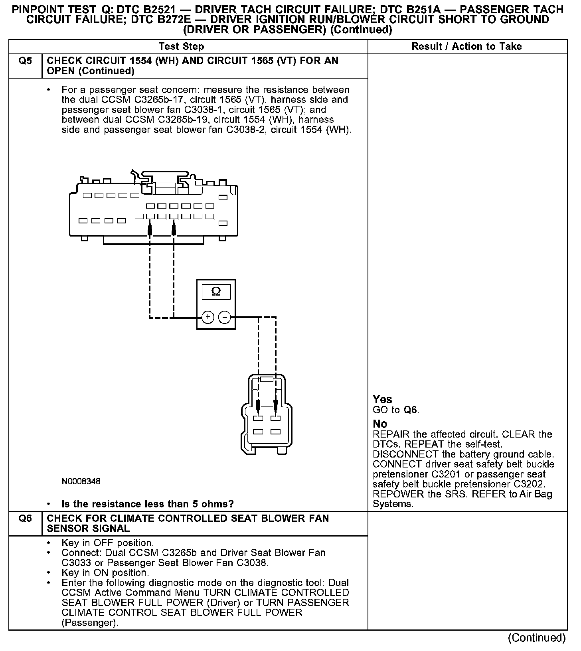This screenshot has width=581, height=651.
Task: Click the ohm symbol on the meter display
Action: click(x=216, y=292)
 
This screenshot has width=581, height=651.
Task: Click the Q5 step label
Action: click(x=25, y=61)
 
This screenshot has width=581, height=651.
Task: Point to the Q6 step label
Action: click(x=25, y=519)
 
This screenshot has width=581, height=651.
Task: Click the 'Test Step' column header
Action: click(x=181, y=47)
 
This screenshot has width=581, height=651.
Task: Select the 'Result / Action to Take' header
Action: click(x=466, y=47)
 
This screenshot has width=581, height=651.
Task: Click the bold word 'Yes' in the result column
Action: click(x=382, y=399)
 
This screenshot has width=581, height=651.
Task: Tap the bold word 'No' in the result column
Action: click(x=379, y=424)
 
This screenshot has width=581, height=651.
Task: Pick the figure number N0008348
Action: click(x=81, y=481)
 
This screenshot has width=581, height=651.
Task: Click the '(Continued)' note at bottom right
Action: click(x=537, y=637)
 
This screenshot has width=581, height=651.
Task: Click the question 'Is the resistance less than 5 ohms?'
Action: click(x=148, y=504)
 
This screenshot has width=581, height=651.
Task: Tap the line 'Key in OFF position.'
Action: click(x=107, y=543)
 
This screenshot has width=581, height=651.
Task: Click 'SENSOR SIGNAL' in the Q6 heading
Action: click(x=88, y=529)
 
